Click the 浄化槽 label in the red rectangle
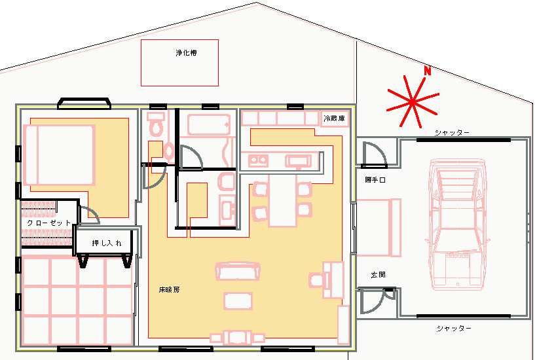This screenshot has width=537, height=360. point(186,53)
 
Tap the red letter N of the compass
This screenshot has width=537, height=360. point(427,71)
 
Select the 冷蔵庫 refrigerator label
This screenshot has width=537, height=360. point(334,118)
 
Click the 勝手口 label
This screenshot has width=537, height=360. point(375,179)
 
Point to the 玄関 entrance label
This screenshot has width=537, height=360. point(378,274)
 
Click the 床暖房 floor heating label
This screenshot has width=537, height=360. point(169,289)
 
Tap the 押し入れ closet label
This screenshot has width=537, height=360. point(107,243)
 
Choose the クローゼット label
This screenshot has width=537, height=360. point(48,223)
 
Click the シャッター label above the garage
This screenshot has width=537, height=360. point(452,132)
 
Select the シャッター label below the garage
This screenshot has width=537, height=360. point(454,329)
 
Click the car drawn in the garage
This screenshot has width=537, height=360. point(457,224)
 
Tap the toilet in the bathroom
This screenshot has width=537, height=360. point(156,124)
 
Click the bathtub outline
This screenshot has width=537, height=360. point(208,124)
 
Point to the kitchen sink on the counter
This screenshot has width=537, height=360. point(298,161)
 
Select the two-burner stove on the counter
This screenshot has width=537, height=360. point(258,160)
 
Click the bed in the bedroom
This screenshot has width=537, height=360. point(59,155)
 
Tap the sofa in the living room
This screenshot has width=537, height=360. point(238,272)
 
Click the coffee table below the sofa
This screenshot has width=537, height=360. point(238,301)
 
